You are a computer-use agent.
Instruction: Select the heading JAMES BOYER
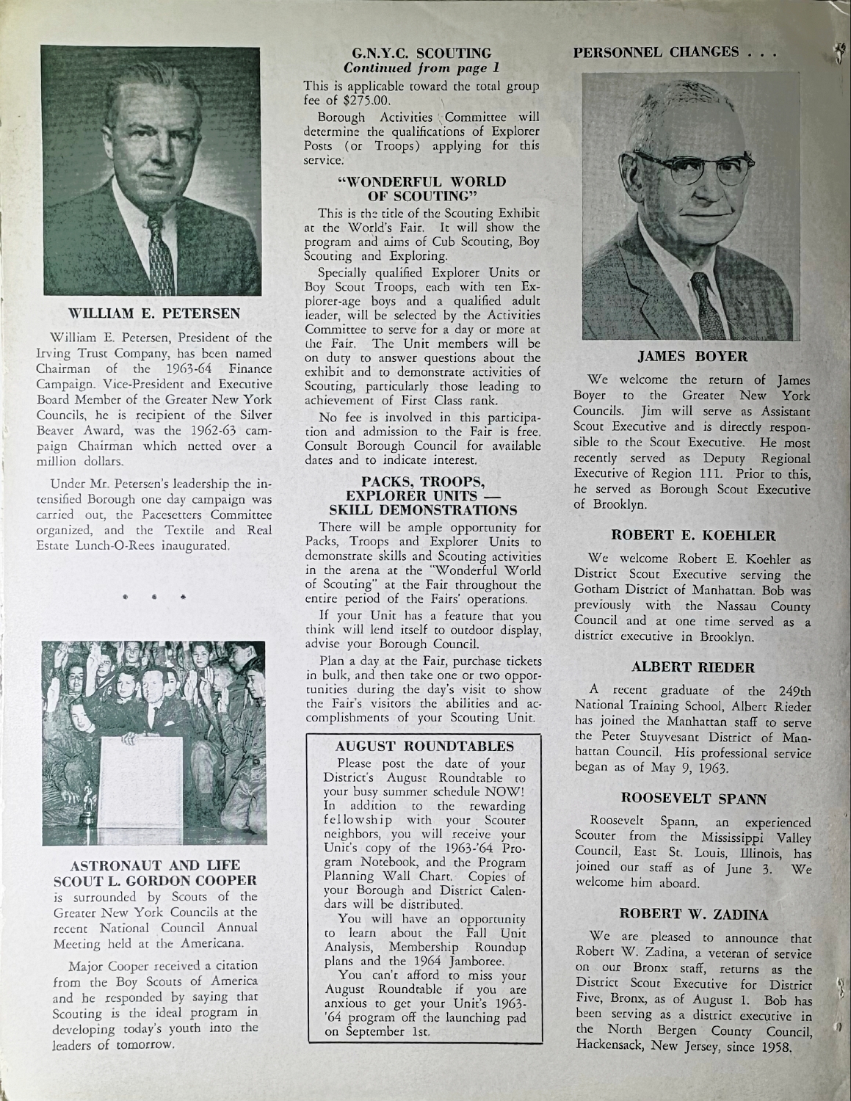click(692, 357)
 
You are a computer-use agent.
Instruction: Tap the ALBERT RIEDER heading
click(693, 667)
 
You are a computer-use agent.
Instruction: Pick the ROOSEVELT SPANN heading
click(694, 798)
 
